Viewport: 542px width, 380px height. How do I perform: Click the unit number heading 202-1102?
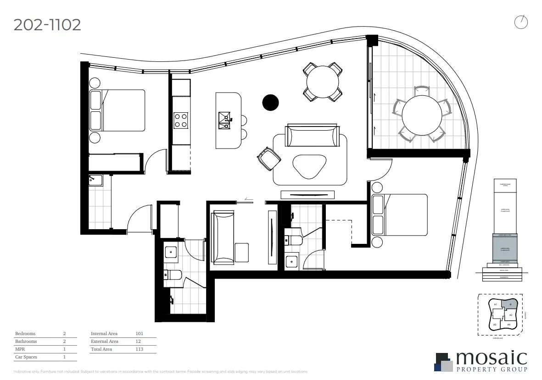47,24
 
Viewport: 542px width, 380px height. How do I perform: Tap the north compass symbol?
521,22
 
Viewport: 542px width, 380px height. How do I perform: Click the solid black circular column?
270,103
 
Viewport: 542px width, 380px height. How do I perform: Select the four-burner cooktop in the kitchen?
181,120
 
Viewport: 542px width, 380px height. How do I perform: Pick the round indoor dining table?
323,82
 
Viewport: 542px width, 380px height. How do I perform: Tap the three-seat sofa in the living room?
312,136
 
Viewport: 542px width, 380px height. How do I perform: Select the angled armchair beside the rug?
268,158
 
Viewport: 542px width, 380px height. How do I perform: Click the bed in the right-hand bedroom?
399,215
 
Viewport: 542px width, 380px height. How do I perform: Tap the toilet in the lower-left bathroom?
174,275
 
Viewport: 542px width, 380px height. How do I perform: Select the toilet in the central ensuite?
292,240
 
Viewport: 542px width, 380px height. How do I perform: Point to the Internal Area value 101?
139,334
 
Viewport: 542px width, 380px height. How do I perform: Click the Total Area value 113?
139,349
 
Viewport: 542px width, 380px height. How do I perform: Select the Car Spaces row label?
26,357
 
